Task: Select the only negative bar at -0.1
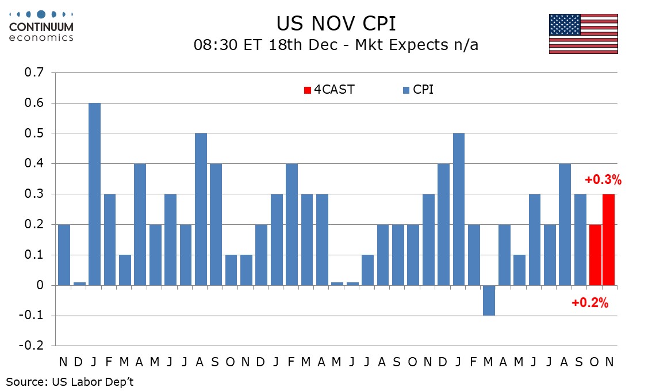tap(489, 300)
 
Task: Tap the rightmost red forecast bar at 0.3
tap(608, 240)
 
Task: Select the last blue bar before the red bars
tap(580, 240)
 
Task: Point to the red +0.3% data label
tap(603, 180)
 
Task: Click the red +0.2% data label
tap(590, 303)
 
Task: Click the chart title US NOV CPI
tap(336, 24)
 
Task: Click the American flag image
tap(583, 34)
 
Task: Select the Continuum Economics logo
tap(41, 26)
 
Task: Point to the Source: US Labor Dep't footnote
tap(70, 381)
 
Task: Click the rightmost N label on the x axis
tap(609, 362)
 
